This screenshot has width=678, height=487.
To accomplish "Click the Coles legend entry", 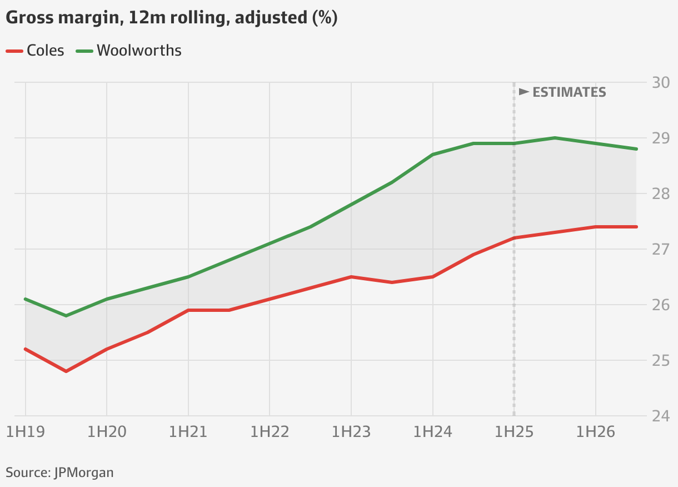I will tap(36, 51).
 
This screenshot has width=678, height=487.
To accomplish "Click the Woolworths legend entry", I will tap(129, 51).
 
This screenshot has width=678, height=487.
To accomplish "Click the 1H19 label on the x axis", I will tap(25, 432).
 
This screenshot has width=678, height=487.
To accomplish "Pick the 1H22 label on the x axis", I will tap(270, 432).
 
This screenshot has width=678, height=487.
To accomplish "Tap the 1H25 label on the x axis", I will tap(514, 432).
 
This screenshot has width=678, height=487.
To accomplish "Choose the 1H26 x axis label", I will tap(596, 432).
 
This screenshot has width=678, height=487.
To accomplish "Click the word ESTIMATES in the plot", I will tap(569, 92).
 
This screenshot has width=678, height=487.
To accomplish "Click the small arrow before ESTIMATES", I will tap(524, 92).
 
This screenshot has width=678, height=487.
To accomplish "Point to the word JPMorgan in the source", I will tap(84, 473).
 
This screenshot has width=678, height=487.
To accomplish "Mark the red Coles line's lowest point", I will tap(66, 371).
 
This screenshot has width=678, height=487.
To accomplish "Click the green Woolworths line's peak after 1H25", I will tap(555, 138).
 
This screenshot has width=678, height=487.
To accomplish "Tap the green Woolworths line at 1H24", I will tap(433, 155).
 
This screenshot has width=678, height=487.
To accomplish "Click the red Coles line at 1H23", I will tap(351, 277).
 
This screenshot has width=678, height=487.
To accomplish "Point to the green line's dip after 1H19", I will tap(66, 316).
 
